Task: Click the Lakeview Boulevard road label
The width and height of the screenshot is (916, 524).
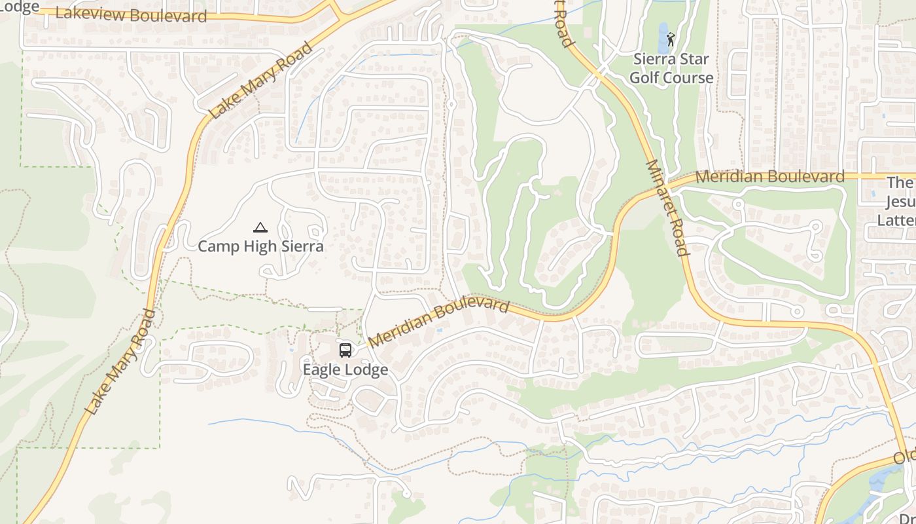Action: coord(131,14)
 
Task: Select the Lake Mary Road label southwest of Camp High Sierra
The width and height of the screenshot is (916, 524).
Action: coord(120,362)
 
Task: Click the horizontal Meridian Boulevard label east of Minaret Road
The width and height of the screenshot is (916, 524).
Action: coord(769,176)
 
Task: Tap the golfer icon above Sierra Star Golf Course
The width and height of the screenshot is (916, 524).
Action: coord(671,39)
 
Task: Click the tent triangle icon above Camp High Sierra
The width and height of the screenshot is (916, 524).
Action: coord(260,228)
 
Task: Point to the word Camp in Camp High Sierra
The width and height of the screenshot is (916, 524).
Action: coord(218,246)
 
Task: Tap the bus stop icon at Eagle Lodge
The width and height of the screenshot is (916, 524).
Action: coord(345,350)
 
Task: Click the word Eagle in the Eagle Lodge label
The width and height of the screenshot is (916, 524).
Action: coord(321,369)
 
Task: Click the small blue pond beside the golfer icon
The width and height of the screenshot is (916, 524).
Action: coord(663,30)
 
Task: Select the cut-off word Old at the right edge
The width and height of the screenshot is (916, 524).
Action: coord(906,457)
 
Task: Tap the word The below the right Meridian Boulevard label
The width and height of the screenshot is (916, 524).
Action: coord(900,183)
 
